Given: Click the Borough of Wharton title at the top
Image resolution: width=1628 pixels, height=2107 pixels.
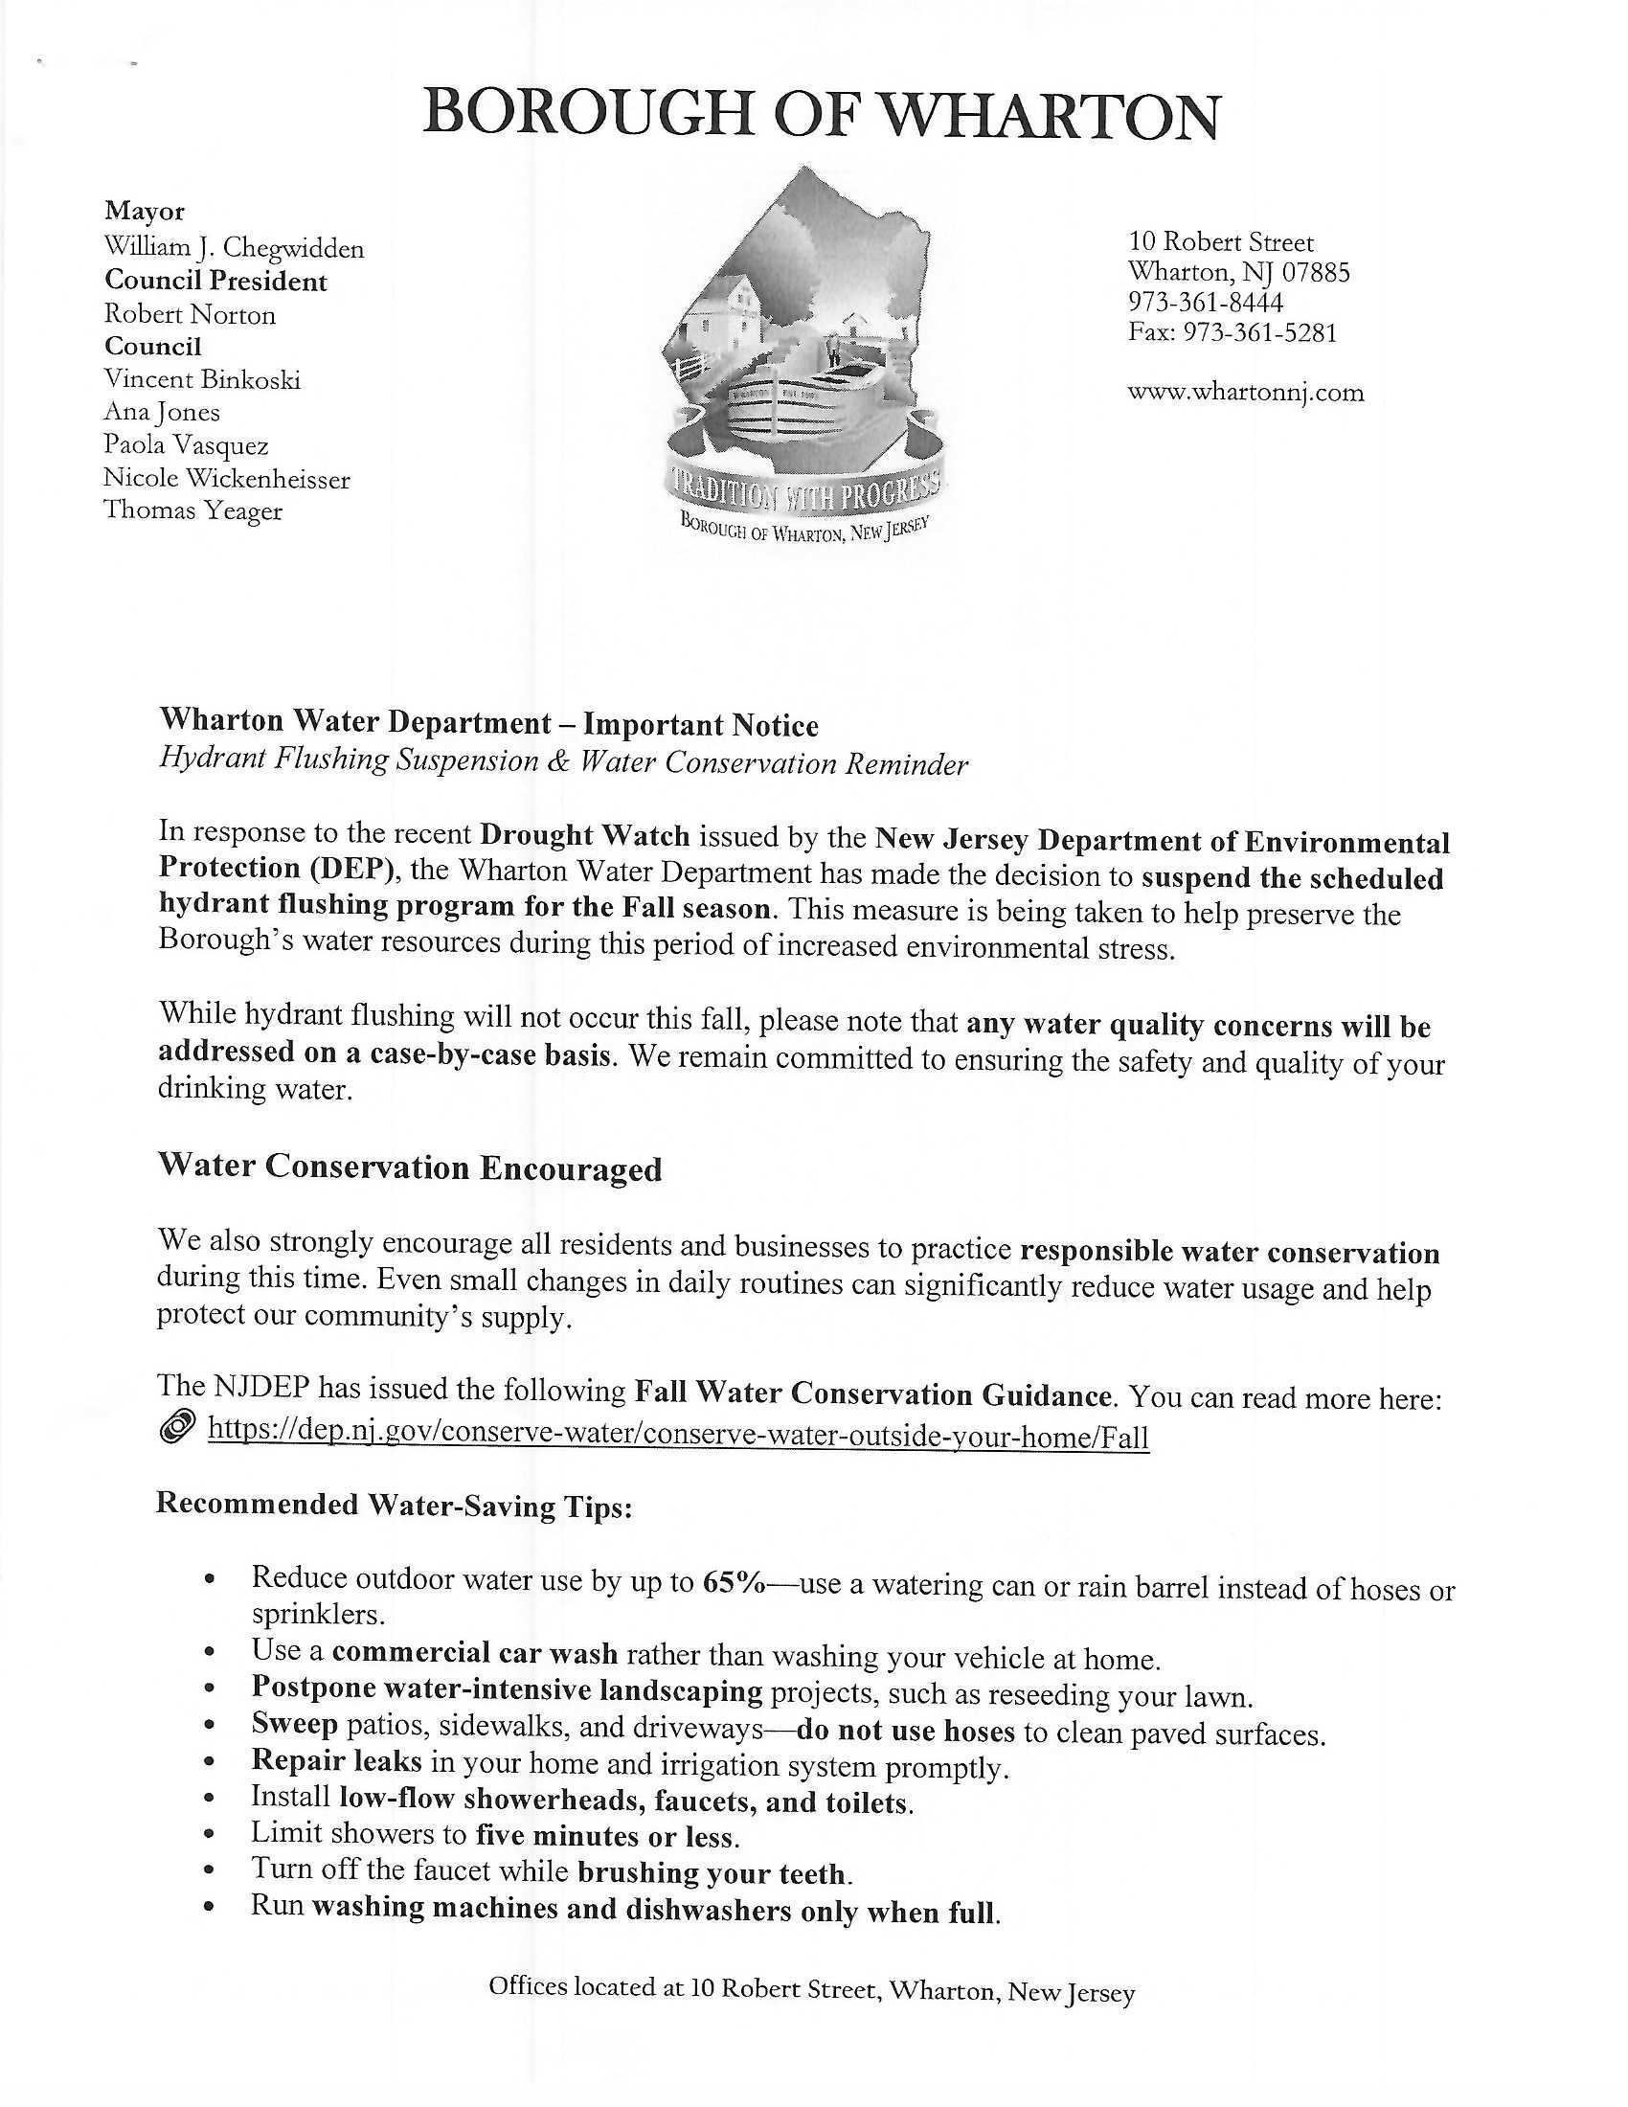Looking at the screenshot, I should (820, 115).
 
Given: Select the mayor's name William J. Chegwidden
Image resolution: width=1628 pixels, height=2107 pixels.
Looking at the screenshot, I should (235, 248).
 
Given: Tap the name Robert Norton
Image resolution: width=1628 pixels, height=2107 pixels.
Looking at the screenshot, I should (190, 314).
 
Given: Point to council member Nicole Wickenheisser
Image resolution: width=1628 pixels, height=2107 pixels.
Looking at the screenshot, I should (227, 479).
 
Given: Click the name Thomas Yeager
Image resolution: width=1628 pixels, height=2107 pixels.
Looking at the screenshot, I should (192, 510).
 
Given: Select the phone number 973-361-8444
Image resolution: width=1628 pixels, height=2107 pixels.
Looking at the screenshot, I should (1206, 303).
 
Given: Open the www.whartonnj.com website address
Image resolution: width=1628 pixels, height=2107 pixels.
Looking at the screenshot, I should (1245, 393).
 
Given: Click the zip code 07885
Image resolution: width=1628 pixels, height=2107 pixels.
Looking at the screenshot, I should (1315, 273).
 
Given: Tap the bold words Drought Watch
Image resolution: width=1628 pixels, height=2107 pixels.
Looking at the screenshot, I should (584, 834).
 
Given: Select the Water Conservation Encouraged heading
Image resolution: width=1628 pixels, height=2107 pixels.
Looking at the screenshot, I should (410, 1167).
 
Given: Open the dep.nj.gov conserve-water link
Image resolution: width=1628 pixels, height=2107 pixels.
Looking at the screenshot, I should (678, 1437).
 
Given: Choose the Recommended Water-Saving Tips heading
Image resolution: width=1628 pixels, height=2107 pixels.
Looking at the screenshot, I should (395, 1505).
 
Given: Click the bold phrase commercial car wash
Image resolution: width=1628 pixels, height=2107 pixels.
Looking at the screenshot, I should (474, 1653).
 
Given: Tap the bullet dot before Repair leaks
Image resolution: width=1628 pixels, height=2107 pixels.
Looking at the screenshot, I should (211, 1762).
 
